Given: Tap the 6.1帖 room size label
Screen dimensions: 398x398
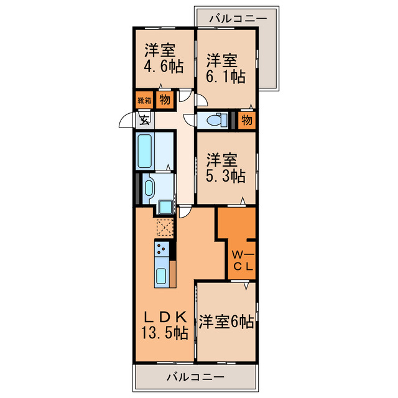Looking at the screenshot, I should click(224, 77).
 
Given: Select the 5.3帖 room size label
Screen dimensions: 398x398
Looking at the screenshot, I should click(224, 175).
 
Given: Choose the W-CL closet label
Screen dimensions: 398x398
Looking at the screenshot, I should click(242, 261).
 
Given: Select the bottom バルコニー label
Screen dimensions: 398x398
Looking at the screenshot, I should click(196, 377).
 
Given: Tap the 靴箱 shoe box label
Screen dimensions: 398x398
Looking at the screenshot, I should click(144, 99).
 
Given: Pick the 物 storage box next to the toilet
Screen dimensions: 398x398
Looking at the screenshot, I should click(246, 119).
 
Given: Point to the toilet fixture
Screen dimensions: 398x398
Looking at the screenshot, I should click(215, 119).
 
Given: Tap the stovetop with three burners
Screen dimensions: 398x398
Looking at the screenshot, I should click(162, 251).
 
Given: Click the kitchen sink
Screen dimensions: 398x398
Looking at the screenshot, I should click(162, 275).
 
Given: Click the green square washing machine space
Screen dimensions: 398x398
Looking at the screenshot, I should click(166, 206).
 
